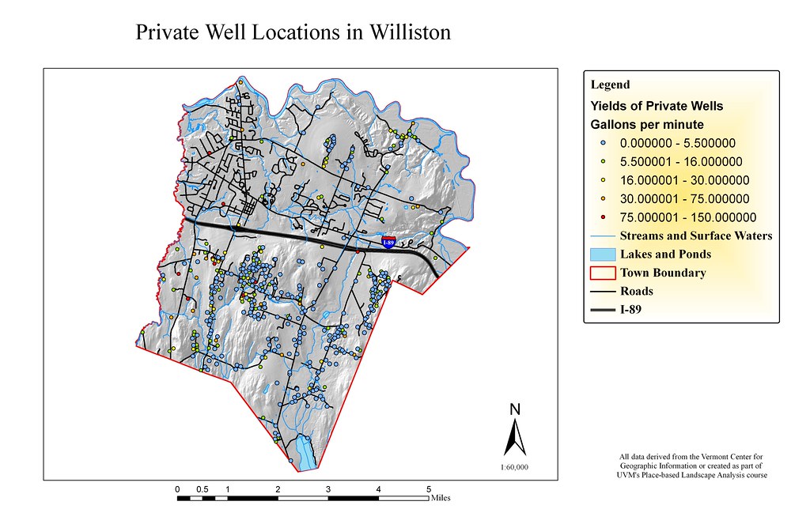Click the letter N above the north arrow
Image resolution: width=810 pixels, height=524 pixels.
point(514,409)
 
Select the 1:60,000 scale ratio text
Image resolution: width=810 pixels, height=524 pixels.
point(514,467)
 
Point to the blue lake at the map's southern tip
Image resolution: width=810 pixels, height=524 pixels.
point(303,454)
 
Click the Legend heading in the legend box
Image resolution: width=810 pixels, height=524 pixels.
point(610,85)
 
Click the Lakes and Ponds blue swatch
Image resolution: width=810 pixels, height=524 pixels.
point(603,254)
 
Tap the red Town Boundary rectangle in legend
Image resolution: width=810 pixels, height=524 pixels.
point(603,273)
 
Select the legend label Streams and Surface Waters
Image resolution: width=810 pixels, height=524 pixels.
point(696,236)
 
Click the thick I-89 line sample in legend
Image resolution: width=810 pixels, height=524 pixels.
point(603,310)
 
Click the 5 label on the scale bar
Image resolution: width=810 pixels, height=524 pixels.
point(429,489)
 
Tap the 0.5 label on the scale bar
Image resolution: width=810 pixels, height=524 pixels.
point(202,489)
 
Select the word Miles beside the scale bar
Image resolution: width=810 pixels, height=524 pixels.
point(441,499)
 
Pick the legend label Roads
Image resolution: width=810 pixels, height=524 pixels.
point(636,291)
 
